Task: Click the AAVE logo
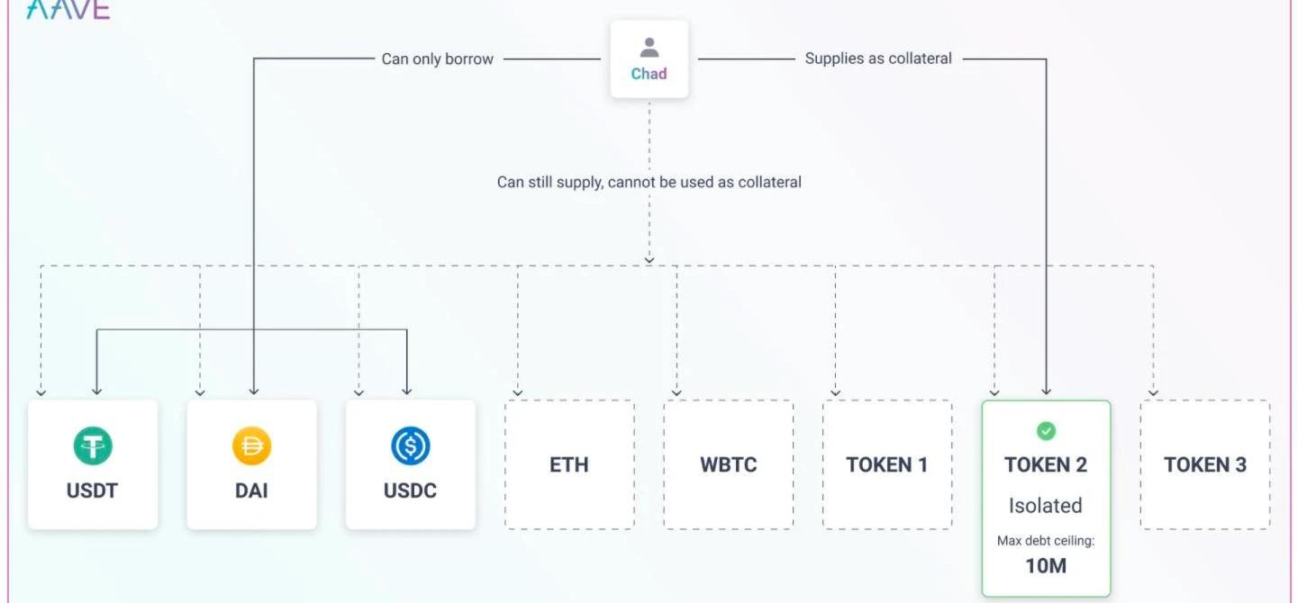[x=68, y=9]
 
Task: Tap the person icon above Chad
[x=649, y=48]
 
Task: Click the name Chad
[x=649, y=74]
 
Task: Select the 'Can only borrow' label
[x=437, y=59]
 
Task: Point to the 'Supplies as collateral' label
[x=878, y=58]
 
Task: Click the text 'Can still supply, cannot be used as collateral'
[x=649, y=182]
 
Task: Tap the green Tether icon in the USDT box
[x=93, y=446]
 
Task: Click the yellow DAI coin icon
[x=251, y=446]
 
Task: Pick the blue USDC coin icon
[x=411, y=446]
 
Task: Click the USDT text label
[x=93, y=491]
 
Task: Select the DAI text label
[x=251, y=491]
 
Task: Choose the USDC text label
[x=411, y=491]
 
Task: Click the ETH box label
[x=569, y=465]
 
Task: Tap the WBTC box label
[x=729, y=465]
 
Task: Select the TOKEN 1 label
[x=887, y=465]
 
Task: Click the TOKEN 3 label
[x=1205, y=465]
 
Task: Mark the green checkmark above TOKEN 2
[x=1046, y=432]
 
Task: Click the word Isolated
[x=1046, y=506]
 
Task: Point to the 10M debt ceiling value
[x=1046, y=566]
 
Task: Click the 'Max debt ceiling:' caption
[x=1046, y=541]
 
